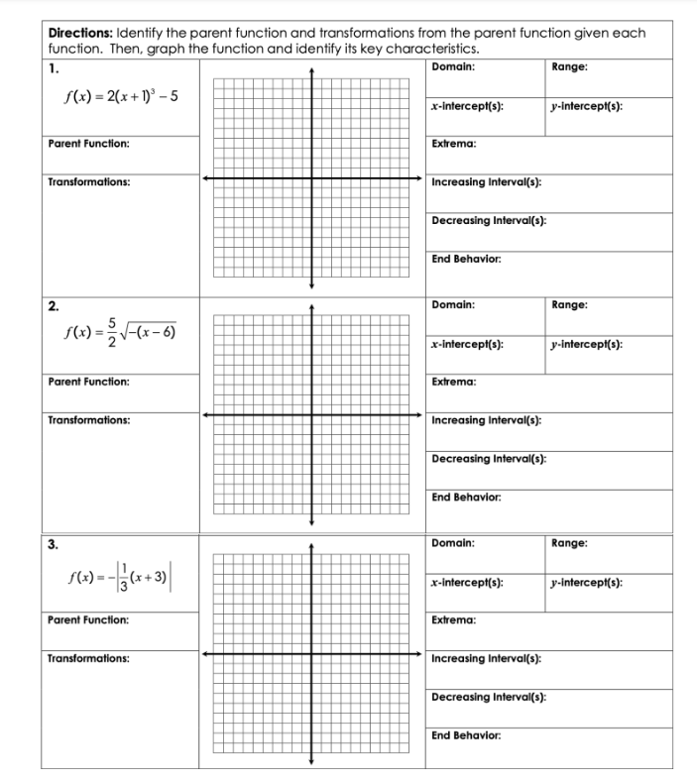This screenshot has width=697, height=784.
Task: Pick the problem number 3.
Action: point(53,543)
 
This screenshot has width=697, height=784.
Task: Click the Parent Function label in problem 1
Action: point(88,144)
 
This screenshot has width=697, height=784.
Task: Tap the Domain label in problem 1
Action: point(453,66)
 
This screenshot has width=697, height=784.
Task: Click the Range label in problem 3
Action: point(570,543)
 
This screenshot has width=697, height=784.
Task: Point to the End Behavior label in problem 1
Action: point(466,259)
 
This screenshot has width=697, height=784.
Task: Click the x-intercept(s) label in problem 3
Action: point(466,582)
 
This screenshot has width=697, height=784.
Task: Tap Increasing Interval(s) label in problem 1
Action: point(486,182)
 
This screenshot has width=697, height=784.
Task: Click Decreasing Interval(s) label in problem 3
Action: point(490,697)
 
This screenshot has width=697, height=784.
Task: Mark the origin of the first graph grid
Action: point(312,178)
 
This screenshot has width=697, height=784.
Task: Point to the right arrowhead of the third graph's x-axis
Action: point(419,653)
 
